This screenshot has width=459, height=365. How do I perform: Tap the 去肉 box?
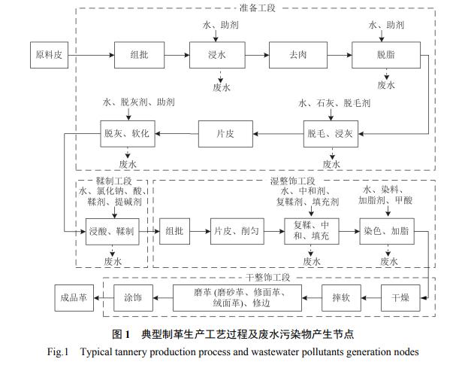click(x=291, y=56)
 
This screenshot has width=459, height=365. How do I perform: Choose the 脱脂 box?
click(x=385, y=56)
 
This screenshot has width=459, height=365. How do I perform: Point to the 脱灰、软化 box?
click(x=126, y=133)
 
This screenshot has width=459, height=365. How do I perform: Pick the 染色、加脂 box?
click(x=386, y=231)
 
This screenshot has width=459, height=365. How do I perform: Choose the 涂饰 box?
click(x=133, y=297)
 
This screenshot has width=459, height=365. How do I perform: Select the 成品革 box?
click(x=74, y=297)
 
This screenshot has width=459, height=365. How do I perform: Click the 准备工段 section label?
click(x=258, y=8)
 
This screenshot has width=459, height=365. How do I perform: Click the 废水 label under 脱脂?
click(x=386, y=85)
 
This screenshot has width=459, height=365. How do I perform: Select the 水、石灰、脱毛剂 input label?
click(x=334, y=103)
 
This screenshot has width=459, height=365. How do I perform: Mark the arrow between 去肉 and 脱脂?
click(x=332, y=56)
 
